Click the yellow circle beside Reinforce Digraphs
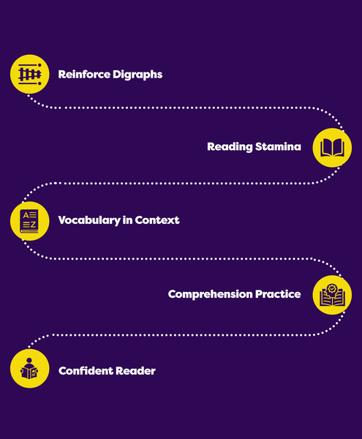click(30, 74)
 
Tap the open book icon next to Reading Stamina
click(332, 148)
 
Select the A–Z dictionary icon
click(29, 221)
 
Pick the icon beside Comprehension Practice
click(332, 295)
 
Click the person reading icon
click(29, 369)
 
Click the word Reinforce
click(84, 74)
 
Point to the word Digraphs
click(137, 75)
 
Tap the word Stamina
click(278, 146)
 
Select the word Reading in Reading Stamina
click(230, 147)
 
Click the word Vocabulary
click(89, 220)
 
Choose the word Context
click(157, 220)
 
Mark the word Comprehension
click(210, 294)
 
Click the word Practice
click(278, 294)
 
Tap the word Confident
click(86, 371)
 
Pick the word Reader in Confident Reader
click(135, 371)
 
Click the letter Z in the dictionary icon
click(33, 225)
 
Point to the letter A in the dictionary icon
click(26, 215)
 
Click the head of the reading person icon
click(29, 360)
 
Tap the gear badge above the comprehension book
click(332, 288)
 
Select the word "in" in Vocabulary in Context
click(127, 220)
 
